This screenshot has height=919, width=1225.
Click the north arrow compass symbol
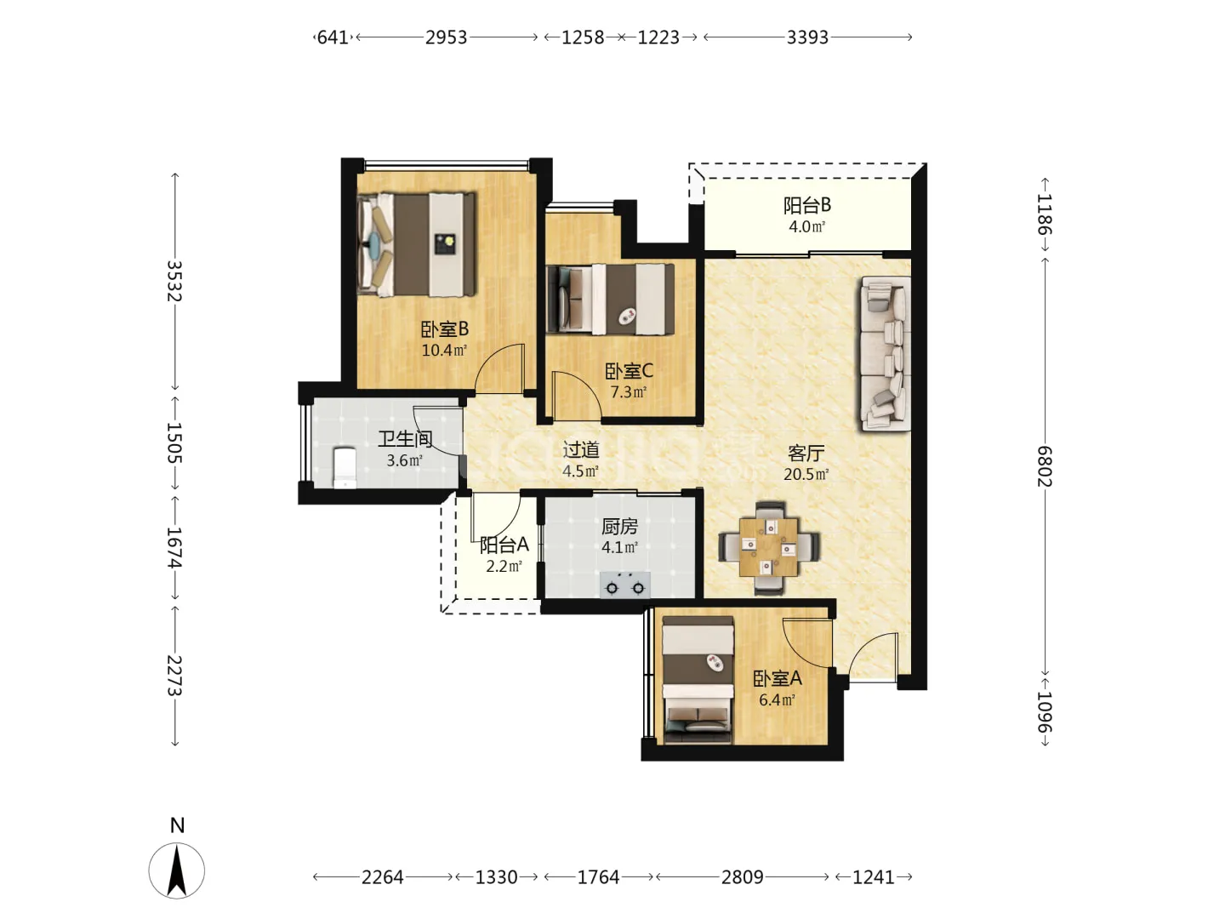(176, 870)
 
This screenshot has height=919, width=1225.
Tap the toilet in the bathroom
(345, 468)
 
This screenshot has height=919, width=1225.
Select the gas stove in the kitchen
(625, 585)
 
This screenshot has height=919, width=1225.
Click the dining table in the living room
(768, 547)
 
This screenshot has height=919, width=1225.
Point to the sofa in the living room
(885, 353)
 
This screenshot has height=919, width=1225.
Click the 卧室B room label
(444, 330)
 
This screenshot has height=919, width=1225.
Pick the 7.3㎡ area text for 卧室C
(629, 392)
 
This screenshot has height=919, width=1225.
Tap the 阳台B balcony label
(807, 205)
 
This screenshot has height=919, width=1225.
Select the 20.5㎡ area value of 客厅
(806, 474)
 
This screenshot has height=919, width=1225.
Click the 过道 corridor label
(581, 450)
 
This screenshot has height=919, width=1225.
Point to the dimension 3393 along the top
(807, 37)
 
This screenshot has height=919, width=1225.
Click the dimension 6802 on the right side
(1045, 466)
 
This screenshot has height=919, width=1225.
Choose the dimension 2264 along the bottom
(382, 877)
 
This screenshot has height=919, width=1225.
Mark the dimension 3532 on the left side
(174, 281)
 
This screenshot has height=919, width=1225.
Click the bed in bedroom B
(417, 244)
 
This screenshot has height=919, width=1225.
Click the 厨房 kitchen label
(619, 526)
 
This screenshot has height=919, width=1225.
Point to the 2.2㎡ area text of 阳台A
(504, 567)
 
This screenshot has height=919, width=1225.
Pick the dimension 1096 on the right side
(1045, 712)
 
